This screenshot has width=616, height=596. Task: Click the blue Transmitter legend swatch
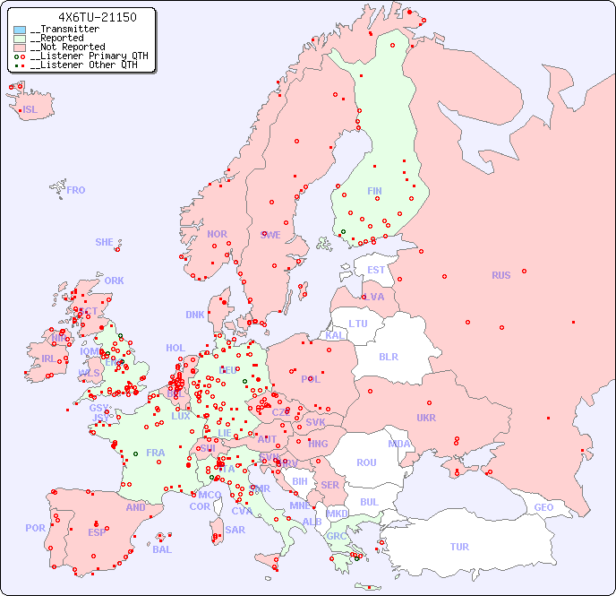click(20, 30)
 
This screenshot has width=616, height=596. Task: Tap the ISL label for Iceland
click(30, 110)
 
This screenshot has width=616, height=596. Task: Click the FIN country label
click(374, 191)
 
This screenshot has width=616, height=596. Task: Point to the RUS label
click(500, 275)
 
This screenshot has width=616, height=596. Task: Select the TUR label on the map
click(459, 547)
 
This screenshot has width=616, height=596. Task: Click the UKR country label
click(425, 418)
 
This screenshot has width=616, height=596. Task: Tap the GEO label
click(543, 507)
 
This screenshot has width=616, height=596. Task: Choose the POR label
click(35, 528)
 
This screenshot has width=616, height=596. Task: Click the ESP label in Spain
click(97, 532)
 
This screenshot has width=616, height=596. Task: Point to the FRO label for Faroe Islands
click(76, 190)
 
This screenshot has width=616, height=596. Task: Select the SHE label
click(105, 242)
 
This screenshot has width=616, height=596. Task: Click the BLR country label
click(388, 356)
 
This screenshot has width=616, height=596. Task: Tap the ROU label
click(366, 462)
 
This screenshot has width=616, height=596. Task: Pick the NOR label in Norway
click(217, 234)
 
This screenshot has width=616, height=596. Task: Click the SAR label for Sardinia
click(235, 530)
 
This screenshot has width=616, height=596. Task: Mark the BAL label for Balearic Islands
click(162, 549)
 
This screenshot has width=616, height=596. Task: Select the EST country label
click(376, 270)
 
